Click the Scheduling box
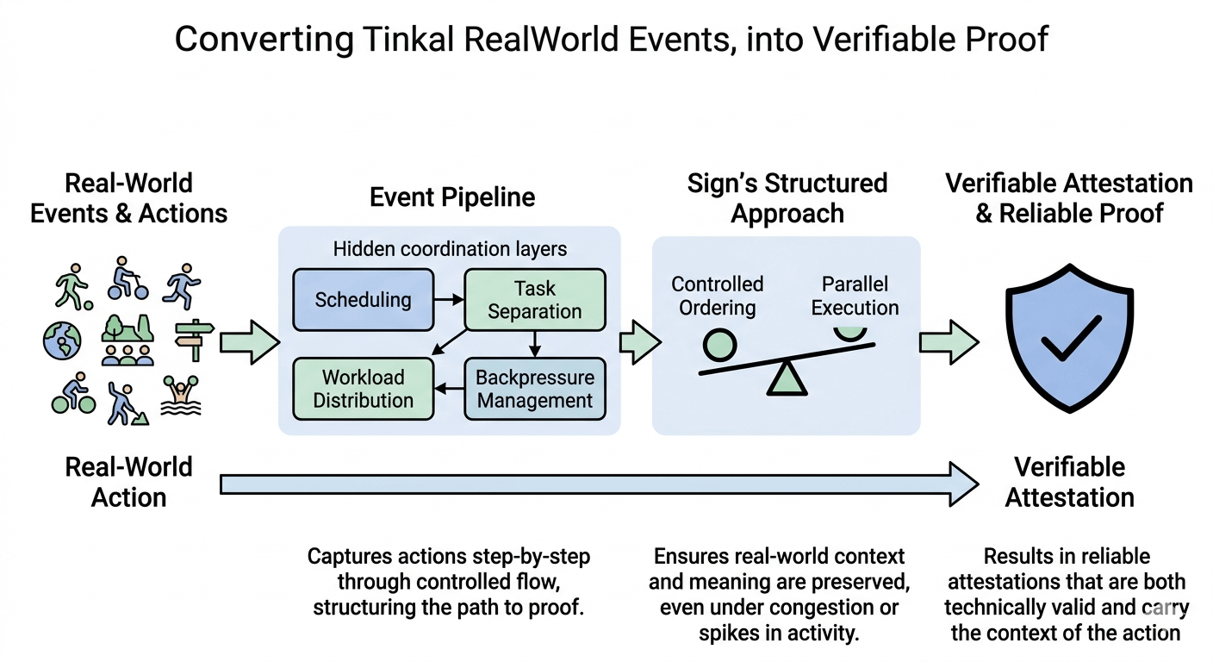pos(363,300)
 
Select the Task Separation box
pos(534,300)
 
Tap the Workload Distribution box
pos(363,389)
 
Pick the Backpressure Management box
pos(534,389)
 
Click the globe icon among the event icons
pos(62,341)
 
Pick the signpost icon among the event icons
pos(194,340)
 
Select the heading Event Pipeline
pos(452,197)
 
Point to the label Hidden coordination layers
pos(450,250)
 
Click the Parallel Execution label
pos(855,296)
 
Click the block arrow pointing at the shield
pos(949,343)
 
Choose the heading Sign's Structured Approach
pos(787,198)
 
